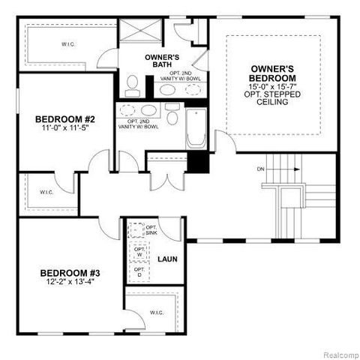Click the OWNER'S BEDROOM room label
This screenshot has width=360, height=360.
pyautogui.click(x=271, y=73)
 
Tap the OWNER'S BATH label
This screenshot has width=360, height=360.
pyautogui.click(x=161, y=61)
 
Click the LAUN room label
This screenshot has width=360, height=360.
pyautogui.click(x=166, y=259)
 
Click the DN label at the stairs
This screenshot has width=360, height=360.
pyautogui.click(x=260, y=169)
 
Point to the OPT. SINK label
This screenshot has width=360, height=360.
pyautogui.click(x=150, y=230)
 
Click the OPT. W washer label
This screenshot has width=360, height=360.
pyautogui.click(x=138, y=252)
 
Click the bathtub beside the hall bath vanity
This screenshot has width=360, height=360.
pyautogui.click(x=196, y=128)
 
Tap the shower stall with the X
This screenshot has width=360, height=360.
pyautogui.click(x=140, y=31)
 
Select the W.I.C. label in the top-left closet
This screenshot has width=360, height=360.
pyautogui.click(x=68, y=43)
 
